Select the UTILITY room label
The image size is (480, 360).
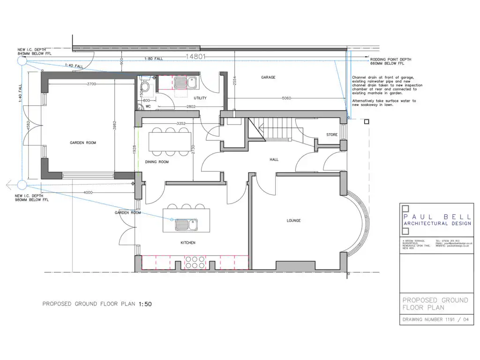click(200, 98)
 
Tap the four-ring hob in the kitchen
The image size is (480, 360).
click(193, 262)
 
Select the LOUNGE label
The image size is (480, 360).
click(293, 220)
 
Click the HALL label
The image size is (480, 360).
click(274, 159)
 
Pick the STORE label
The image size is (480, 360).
click(332, 135)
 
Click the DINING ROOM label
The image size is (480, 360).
click(157, 162)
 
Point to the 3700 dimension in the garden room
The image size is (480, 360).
click(91, 84)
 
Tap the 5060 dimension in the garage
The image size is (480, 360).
click(287, 98)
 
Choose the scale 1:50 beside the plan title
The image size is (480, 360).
click(145, 304)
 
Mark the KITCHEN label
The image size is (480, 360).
click(188, 243)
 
